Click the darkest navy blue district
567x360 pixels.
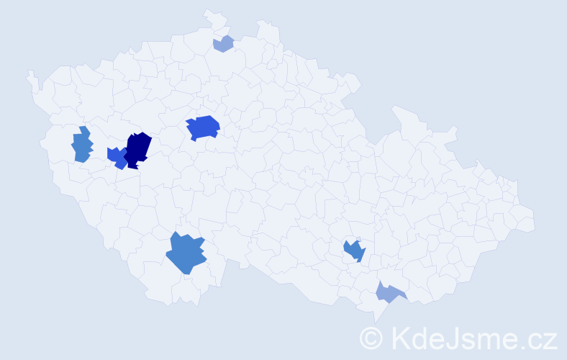pos(138,148)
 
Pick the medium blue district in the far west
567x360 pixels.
pos(82,146)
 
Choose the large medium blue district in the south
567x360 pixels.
pos(186,254)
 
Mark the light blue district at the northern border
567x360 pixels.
pos(224,44)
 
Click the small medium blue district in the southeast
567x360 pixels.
pos(354,251)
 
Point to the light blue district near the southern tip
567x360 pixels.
pos(389,292)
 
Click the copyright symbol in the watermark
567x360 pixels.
pos(372,338)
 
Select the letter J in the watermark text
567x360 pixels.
pos(451,338)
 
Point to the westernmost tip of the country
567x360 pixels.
pos(28,73)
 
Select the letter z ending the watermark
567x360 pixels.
pos(550,340)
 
